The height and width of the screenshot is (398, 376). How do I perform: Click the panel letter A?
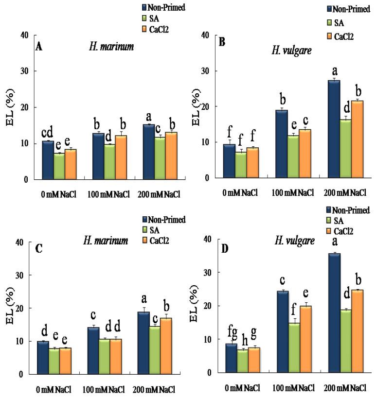click(x=38, y=47)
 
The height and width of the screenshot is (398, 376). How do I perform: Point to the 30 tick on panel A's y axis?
click(x=26, y=71)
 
